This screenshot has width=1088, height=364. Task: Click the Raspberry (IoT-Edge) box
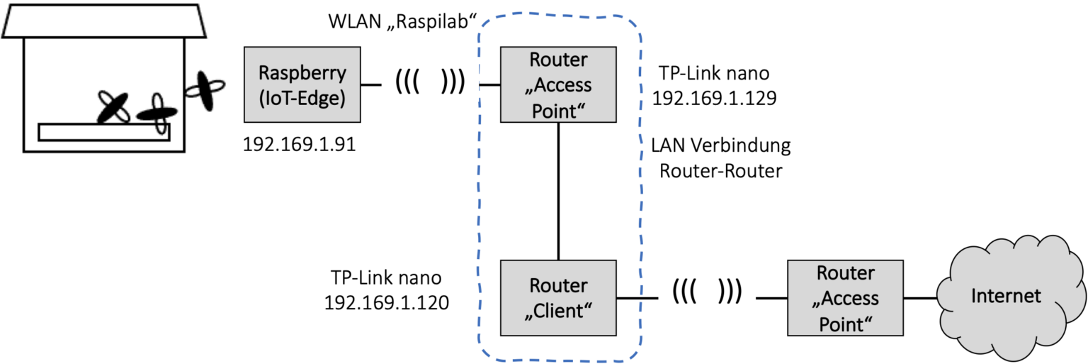click(302, 85)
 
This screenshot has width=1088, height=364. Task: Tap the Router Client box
click(559, 298)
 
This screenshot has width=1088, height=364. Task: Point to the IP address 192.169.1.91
click(299, 145)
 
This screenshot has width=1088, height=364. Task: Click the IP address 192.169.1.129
click(715, 98)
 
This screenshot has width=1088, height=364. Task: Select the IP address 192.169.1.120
click(386, 302)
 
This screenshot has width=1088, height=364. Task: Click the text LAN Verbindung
click(720, 147)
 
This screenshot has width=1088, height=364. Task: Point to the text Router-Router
click(720, 171)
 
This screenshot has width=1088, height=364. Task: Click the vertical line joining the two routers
click(559, 192)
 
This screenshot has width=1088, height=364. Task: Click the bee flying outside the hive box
click(204, 90)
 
